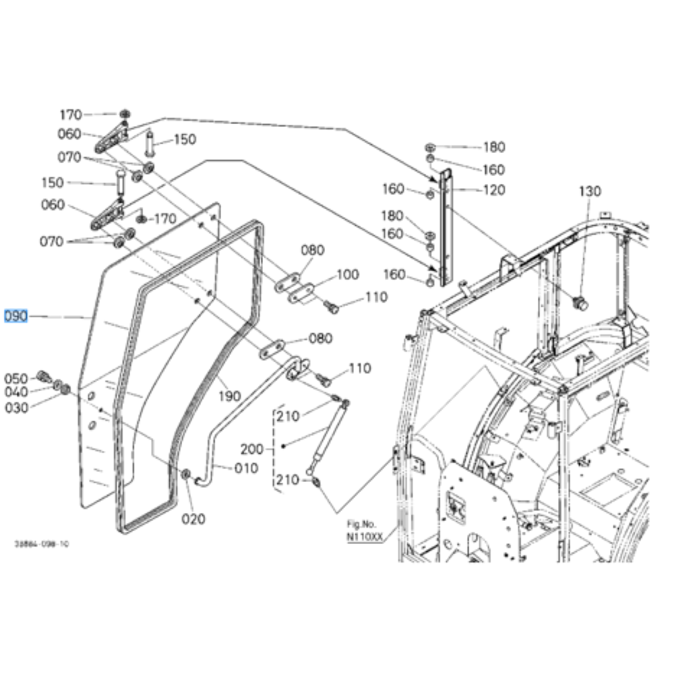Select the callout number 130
tap(589, 191)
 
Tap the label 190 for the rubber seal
tap(230, 396)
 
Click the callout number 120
tap(493, 191)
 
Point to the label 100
tap(348, 274)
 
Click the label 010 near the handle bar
tap(245, 468)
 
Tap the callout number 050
tap(16, 378)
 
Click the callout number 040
tap(16, 392)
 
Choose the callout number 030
tap(16, 408)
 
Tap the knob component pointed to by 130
tap(578, 303)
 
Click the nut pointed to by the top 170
tap(125, 115)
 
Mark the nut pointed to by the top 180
tap(429, 147)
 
